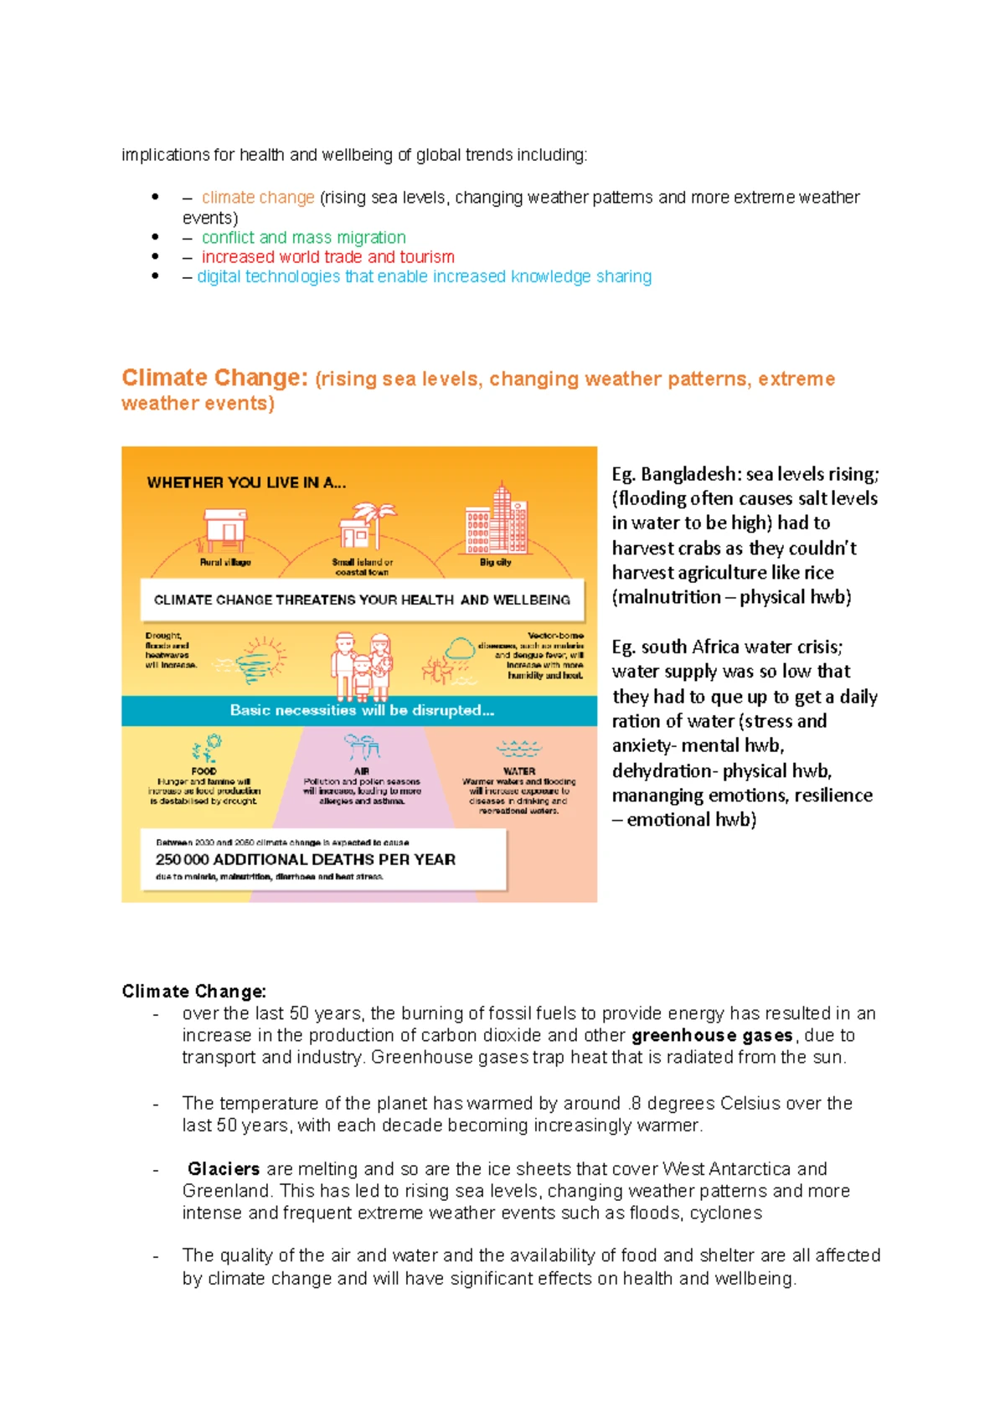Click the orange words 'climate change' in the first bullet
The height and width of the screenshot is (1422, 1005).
point(258,198)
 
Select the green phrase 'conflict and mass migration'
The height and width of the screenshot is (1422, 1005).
point(303,238)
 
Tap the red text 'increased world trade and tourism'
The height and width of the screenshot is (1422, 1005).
point(327,257)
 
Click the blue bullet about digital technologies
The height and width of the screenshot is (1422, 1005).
point(424,276)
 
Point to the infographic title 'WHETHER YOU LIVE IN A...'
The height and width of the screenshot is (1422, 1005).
point(246,482)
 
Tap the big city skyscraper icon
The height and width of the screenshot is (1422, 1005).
point(497,520)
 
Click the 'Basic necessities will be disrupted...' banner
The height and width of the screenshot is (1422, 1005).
point(362,710)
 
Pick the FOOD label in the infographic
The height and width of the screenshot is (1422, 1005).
point(204,770)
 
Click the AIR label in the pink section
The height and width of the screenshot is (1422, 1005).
point(362,770)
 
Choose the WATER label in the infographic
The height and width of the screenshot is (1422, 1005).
point(519,770)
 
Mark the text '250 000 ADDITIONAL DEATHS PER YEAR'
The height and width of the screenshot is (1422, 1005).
point(306,859)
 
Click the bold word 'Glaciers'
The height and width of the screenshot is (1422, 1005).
point(224,1169)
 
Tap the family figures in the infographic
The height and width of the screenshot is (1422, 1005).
point(362,666)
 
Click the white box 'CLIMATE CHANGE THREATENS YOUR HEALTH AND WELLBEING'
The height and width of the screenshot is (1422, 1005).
point(362,600)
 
